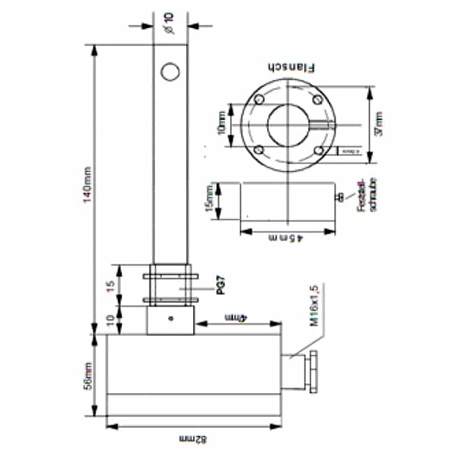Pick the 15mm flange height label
tap(209, 201)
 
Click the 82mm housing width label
tap(194, 439)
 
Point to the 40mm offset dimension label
tap(237, 318)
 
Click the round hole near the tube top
tap(169, 71)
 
